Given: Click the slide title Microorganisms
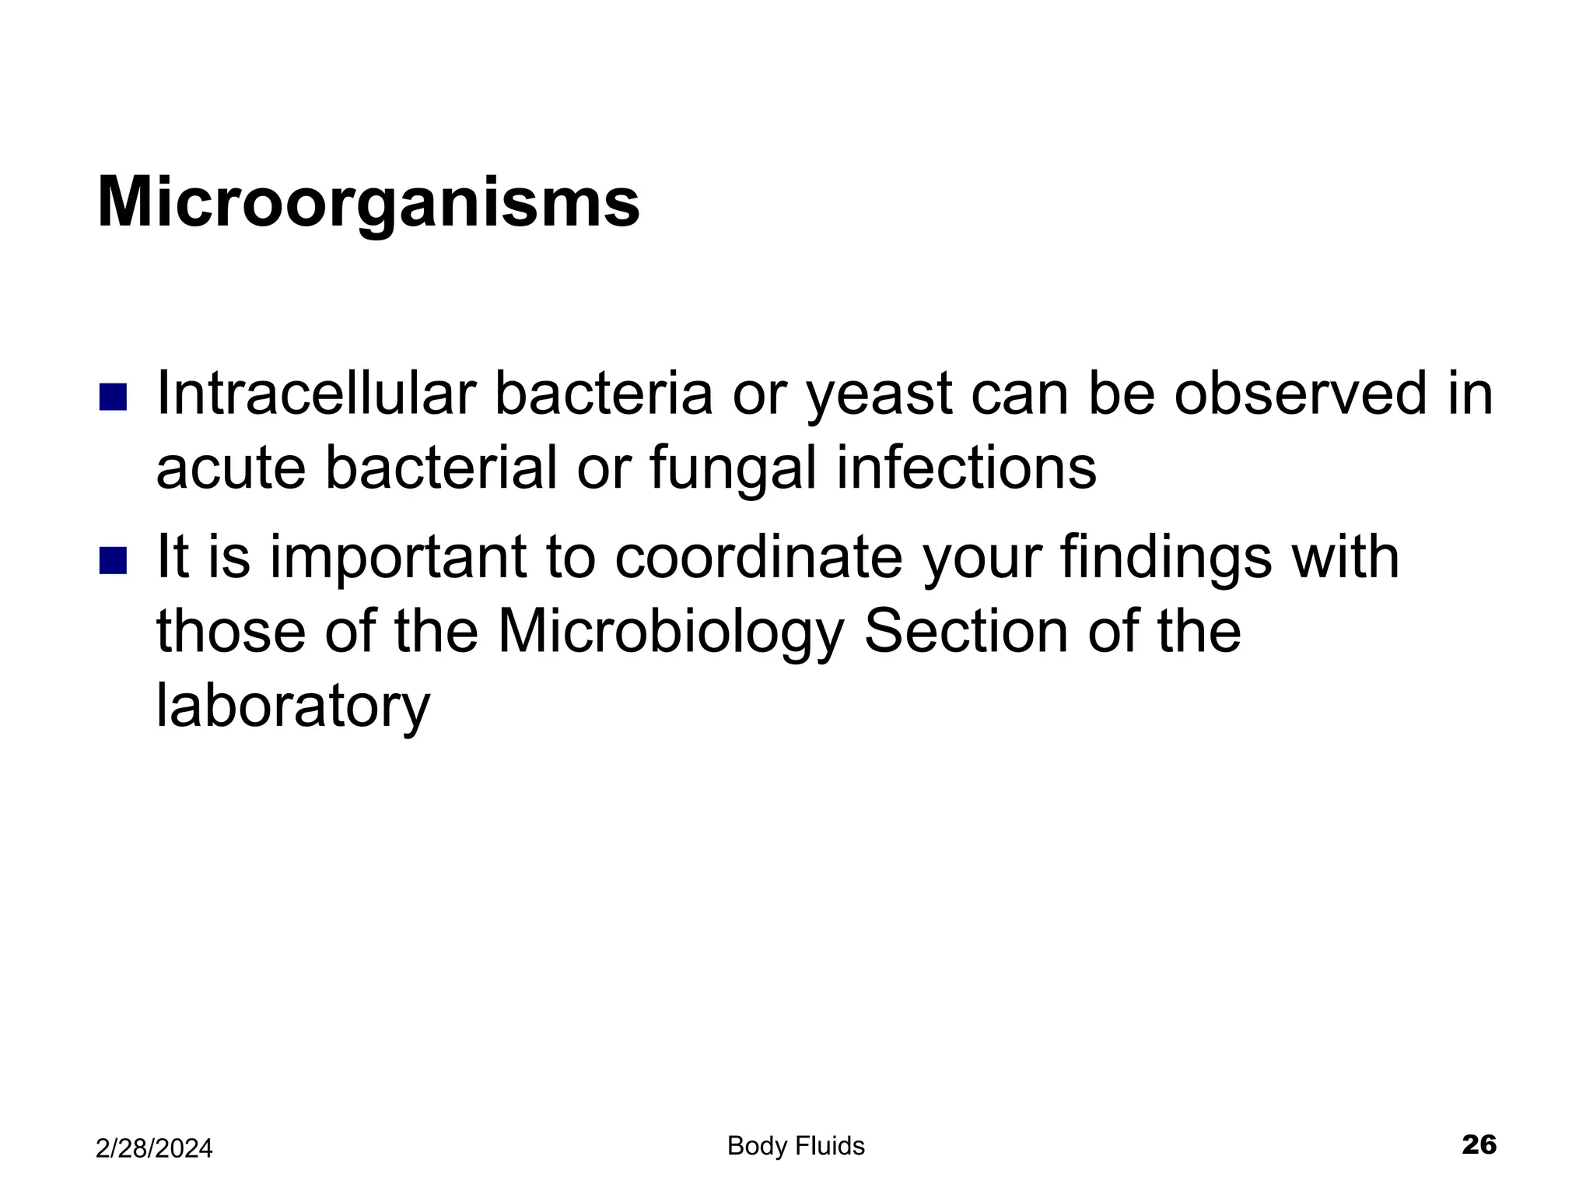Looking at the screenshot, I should pos(368,202).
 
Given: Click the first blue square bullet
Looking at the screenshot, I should pos(113,397).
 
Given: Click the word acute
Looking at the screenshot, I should pos(230,469).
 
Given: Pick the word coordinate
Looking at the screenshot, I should pos(758,557).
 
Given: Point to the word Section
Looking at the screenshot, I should pos(966,631).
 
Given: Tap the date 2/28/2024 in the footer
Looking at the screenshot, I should pos(154,1148).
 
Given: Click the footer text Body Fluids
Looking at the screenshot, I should pos(796,1145).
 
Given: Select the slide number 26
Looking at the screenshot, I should pos(1479,1144).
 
